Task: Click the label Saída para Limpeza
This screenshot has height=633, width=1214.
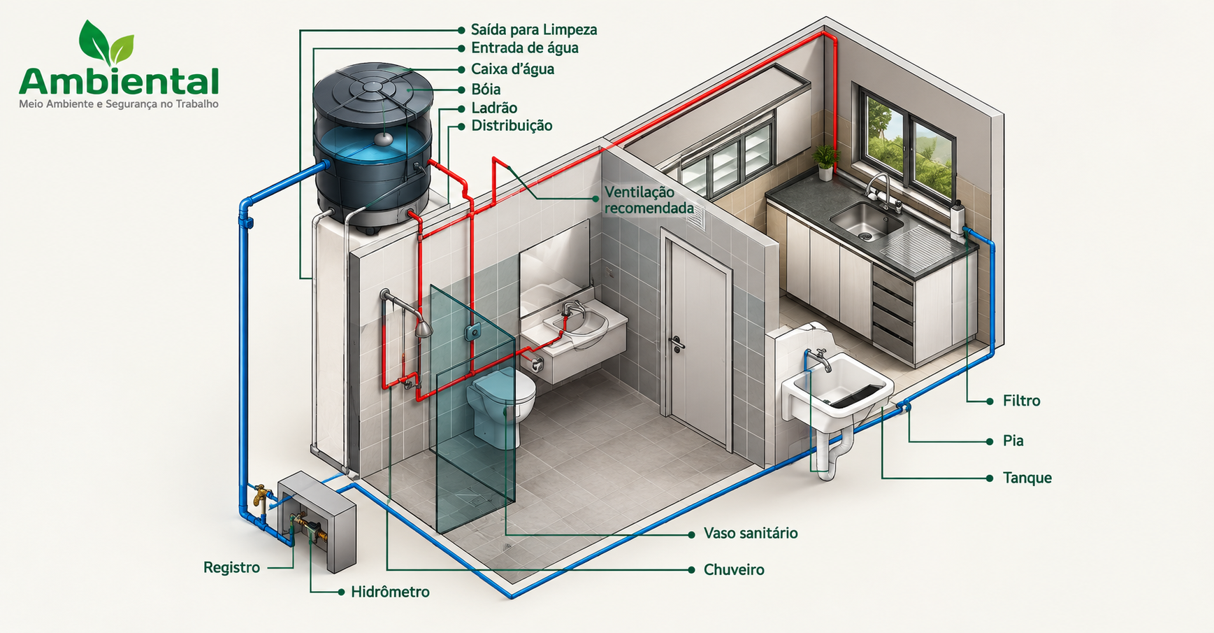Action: [x=534, y=30]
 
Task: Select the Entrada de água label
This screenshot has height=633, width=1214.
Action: [x=525, y=48]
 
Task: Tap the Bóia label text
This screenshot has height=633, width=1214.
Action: [x=486, y=90]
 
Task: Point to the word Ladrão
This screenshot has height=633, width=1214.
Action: [x=494, y=108]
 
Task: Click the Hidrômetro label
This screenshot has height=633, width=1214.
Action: [x=390, y=592]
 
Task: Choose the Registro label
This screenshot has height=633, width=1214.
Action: [x=231, y=567]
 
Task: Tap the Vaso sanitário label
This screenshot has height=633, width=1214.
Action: [x=751, y=534]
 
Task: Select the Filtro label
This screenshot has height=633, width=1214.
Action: [x=1021, y=401]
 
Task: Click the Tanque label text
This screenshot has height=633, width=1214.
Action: [x=1027, y=478]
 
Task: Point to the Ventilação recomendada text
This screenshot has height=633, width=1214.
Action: [x=649, y=200]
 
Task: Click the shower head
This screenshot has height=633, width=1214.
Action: [x=424, y=328]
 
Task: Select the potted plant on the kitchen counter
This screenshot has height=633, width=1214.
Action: [x=826, y=162]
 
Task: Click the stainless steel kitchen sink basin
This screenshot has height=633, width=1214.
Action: [x=867, y=220]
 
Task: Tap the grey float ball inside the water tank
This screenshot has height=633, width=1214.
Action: [x=383, y=138]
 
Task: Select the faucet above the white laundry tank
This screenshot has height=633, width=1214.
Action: [x=822, y=359]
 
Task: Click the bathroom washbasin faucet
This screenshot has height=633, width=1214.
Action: [x=572, y=308]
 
